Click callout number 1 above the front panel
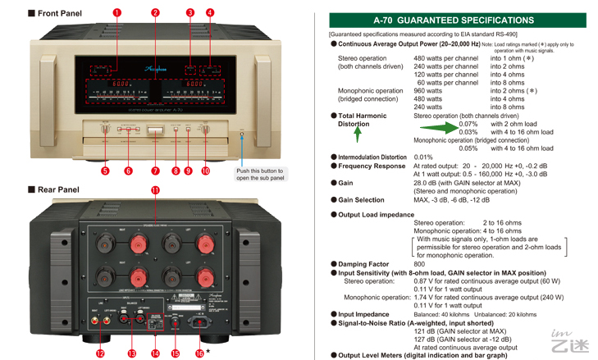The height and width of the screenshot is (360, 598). (x=116, y=13)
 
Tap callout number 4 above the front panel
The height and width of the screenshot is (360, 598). (x=210, y=13)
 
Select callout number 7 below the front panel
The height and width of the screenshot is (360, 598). (x=155, y=171)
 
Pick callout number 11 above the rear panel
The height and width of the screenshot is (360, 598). (x=155, y=190)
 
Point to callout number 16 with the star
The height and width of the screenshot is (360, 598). (x=199, y=353)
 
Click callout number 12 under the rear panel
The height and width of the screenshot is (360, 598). (x=100, y=353)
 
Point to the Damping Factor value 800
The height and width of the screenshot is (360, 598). (x=419, y=264)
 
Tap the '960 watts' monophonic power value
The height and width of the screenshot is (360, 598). (x=431, y=91)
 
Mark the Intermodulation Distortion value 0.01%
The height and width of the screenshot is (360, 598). (x=423, y=157)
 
